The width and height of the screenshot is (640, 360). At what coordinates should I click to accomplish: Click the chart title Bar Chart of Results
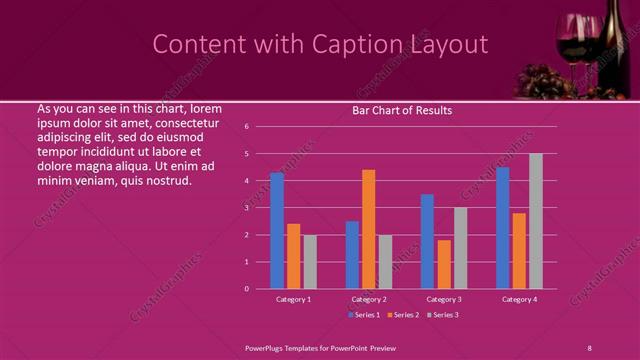click(402, 110)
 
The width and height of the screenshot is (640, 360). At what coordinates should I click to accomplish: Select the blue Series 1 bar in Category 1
click(277, 230)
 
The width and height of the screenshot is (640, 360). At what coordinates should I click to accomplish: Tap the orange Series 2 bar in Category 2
click(368, 229)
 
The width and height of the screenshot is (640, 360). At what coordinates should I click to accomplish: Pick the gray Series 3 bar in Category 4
click(535, 221)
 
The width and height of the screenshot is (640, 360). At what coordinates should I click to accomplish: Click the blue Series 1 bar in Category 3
click(427, 241)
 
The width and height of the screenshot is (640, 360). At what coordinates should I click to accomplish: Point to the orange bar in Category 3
click(443, 264)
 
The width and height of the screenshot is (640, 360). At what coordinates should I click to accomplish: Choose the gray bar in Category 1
click(310, 261)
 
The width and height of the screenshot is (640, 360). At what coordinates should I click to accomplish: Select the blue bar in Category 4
click(502, 227)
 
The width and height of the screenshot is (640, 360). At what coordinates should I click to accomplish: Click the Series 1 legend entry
click(364, 315)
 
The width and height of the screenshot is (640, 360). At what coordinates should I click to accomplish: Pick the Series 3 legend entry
click(442, 315)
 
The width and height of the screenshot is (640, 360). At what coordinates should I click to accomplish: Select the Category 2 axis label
click(369, 299)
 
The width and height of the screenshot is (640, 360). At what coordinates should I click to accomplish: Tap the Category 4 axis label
click(519, 299)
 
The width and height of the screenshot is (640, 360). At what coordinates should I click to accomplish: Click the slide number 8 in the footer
click(589, 347)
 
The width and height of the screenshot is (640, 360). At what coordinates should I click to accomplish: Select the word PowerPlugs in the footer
click(269, 347)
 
